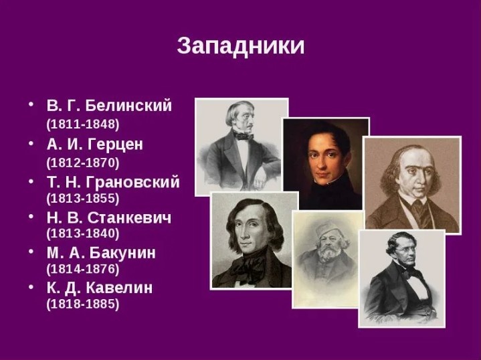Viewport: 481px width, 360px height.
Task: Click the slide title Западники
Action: tap(240, 46)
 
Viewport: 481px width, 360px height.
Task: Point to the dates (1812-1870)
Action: tap(83, 162)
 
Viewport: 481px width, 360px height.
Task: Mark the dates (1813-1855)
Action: tap(83, 198)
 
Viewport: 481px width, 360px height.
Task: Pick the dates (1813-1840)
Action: tap(83, 234)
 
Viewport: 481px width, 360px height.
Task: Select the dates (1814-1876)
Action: tap(83, 269)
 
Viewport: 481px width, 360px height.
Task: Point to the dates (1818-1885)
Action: tap(83, 304)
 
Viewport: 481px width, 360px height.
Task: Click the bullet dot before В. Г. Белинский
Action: tap(30, 106)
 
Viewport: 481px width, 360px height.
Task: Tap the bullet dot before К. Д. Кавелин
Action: tap(30, 288)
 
